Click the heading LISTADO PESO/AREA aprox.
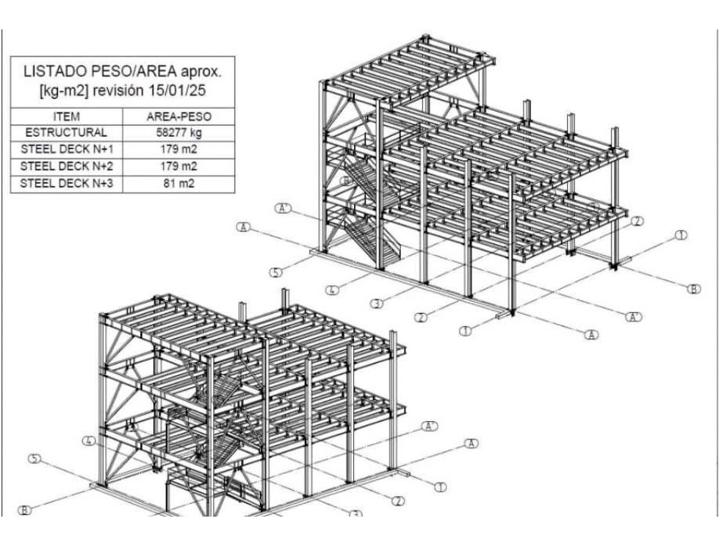point(121,73)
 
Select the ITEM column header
point(66,117)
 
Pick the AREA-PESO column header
point(178,117)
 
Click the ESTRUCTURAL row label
point(66,133)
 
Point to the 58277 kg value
point(178,133)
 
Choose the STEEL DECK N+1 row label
point(66,149)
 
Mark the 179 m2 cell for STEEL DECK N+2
point(178,166)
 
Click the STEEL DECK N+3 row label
point(66,182)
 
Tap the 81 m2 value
point(178,182)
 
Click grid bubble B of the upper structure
point(693,289)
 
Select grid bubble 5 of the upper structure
point(275,273)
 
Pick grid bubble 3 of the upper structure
point(376,303)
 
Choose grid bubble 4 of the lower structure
point(89,442)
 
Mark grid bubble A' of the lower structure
point(430,425)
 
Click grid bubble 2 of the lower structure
point(397,501)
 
